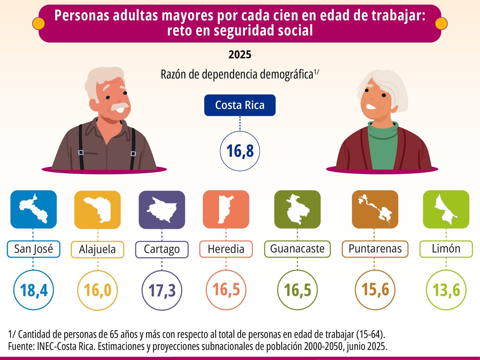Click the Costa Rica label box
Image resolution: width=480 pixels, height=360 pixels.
point(240,105)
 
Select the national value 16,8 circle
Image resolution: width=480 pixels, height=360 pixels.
point(240,151)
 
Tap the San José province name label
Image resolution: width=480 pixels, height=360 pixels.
point(34,249)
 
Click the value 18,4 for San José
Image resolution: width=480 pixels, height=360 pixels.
point(34,290)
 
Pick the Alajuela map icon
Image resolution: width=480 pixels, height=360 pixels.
point(97,210)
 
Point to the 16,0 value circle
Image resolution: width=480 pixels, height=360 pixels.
point(97,290)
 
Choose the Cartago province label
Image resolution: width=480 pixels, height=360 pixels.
point(162,249)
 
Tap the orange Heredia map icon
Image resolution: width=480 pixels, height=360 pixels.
point(226,209)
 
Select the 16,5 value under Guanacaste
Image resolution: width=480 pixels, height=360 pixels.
point(297,290)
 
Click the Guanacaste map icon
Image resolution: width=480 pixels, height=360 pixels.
point(297,209)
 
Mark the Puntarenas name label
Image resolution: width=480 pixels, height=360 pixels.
point(375,249)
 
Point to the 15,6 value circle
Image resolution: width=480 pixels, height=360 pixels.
point(375,290)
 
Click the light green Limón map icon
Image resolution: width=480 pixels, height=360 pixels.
point(446,209)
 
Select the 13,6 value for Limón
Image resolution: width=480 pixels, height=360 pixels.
point(446,290)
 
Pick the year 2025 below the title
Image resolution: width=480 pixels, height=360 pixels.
point(240,55)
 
